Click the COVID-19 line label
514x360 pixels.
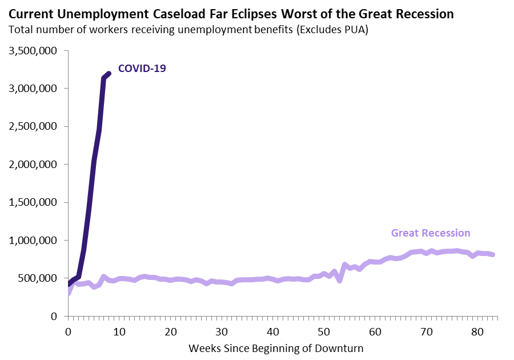click(x=142, y=69)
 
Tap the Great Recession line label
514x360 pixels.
click(x=431, y=233)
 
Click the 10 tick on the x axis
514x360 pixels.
click(x=119, y=331)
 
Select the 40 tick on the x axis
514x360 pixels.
click(x=273, y=331)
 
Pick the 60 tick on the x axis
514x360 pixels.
click(x=376, y=331)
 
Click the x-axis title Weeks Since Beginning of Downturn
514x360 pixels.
click(x=276, y=347)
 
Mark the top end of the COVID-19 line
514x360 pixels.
click(x=108, y=73)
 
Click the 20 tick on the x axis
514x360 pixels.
click(x=171, y=331)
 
